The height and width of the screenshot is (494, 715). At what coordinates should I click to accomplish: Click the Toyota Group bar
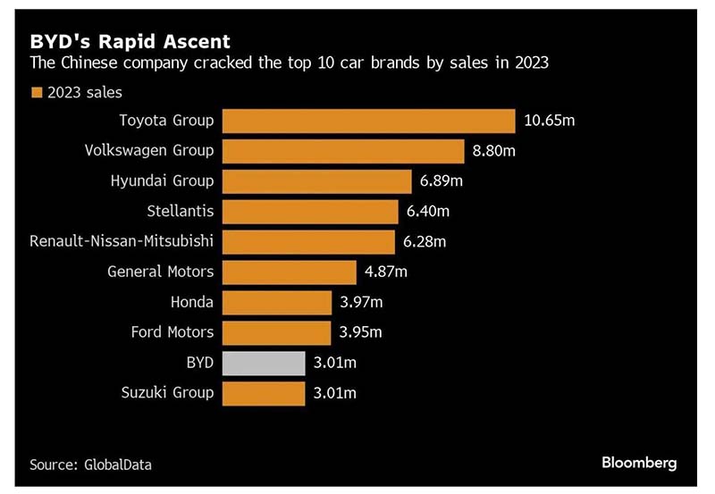(x=368, y=121)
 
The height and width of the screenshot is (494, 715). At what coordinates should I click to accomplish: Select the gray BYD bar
(x=264, y=363)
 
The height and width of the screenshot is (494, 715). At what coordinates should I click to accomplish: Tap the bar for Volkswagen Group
(x=343, y=151)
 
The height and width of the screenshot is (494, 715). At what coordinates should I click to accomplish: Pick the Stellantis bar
(x=309, y=212)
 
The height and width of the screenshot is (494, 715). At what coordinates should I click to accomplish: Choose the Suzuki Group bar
(x=264, y=393)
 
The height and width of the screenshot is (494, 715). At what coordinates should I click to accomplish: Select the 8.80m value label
(x=495, y=151)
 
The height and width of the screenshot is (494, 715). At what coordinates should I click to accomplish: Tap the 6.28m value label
(x=425, y=242)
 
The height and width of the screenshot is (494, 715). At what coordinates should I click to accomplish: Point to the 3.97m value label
(x=360, y=302)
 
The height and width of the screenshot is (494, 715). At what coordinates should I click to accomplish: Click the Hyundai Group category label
(x=162, y=181)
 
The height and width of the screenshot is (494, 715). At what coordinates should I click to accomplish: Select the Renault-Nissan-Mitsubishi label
(x=122, y=242)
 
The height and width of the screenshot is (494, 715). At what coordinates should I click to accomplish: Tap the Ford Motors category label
(x=172, y=332)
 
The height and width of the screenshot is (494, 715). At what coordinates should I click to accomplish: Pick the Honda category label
(x=191, y=302)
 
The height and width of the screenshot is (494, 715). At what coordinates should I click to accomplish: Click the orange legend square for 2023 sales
(x=37, y=92)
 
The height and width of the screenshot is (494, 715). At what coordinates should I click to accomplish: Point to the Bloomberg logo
(x=639, y=463)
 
